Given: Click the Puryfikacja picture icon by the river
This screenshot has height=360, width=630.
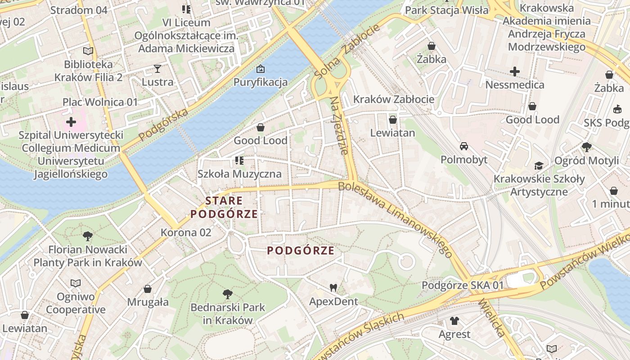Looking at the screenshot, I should [x=260, y=69].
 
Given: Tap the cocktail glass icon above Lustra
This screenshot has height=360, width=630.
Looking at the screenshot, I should [x=157, y=68].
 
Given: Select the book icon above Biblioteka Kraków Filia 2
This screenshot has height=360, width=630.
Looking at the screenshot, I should [x=88, y=51].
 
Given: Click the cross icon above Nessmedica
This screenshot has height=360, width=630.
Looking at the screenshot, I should [x=515, y=71].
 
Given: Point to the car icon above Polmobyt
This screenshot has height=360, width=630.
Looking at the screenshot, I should [x=463, y=146].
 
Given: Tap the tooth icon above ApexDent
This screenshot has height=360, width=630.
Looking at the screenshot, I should [x=333, y=288].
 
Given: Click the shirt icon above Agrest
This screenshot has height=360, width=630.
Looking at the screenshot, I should [x=454, y=321].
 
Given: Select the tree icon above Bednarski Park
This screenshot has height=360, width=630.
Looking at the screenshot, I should [x=228, y=294].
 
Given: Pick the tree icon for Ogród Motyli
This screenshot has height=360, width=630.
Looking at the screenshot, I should [x=586, y=147].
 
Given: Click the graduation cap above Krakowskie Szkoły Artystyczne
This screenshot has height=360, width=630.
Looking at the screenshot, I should [x=539, y=166].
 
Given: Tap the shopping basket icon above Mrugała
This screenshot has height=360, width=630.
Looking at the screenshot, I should [x=148, y=289].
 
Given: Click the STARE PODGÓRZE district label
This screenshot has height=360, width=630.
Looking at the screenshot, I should [x=224, y=207].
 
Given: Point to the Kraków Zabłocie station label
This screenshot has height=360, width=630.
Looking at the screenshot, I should [x=394, y=99].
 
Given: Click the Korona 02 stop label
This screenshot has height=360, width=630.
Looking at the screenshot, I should [x=186, y=233].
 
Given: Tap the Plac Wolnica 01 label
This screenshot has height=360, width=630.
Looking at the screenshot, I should [x=100, y=102].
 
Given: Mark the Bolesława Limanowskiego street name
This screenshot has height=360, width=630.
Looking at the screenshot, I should [x=395, y=219].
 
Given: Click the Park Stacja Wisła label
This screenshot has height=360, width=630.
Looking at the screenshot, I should [x=446, y=10].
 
